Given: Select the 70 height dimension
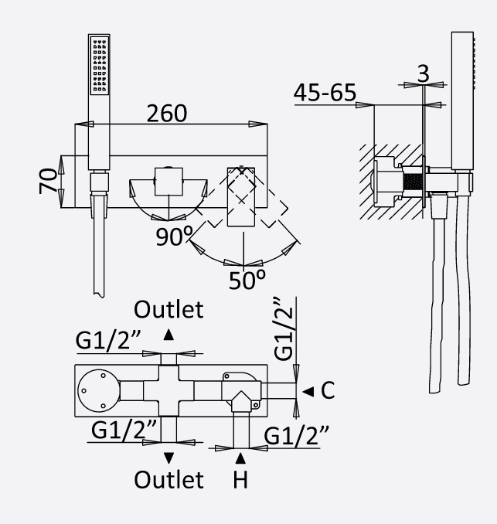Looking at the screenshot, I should (48, 182).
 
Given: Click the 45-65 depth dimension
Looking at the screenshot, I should (325, 94).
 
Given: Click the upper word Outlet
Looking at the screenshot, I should (169, 310).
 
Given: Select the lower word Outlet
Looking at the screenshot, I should (169, 479).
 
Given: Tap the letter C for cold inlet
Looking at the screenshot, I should (327, 391).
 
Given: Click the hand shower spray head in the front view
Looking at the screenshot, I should (99, 66).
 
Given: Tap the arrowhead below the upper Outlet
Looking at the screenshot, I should (169, 335).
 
